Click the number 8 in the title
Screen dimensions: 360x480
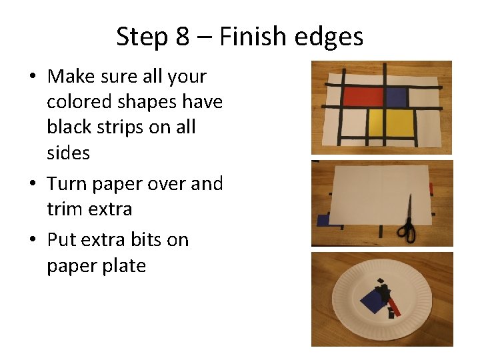tap(183, 36)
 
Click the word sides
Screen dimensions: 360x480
tap(68, 153)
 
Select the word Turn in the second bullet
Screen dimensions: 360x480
tap(69, 183)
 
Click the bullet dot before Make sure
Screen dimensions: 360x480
tap(32, 77)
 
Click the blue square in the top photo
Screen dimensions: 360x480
tap(396, 97)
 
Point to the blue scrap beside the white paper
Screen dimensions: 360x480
tap(323, 220)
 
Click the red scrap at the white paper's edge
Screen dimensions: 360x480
tap(431, 187)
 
